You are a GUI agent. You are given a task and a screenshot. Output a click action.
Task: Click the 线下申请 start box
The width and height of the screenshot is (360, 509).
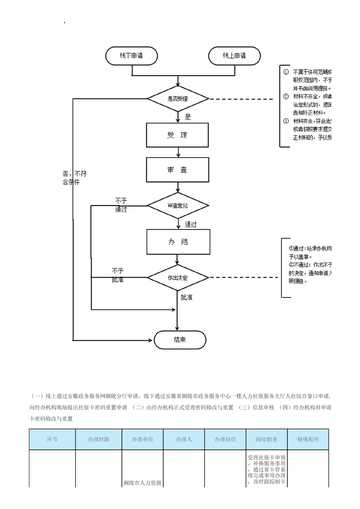click(x=132, y=56)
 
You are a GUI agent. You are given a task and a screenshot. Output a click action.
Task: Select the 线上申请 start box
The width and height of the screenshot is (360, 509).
click(x=234, y=56)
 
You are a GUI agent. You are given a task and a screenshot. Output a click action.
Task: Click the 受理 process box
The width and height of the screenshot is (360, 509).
click(x=178, y=135)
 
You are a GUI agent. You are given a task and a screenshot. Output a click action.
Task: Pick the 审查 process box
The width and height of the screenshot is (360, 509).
click(x=178, y=170)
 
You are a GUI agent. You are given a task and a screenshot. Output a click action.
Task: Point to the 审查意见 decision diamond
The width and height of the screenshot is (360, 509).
click(x=178, y=206)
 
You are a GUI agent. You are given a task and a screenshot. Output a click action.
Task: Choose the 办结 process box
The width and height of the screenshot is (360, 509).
click(x=178, y=242)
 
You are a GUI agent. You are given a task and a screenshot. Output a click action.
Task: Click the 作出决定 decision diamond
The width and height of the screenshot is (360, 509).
click(x=178, y=277)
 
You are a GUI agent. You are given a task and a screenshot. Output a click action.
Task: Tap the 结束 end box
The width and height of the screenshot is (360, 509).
click(x=180, y=340)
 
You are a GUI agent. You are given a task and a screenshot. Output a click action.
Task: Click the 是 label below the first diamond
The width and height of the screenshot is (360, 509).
click(x=188, y=117)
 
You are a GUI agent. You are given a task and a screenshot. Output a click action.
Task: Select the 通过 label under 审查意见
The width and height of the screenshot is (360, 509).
click(x=191, y=224)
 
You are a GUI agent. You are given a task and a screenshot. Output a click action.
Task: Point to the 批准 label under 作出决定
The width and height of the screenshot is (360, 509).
click(x=187, y=297)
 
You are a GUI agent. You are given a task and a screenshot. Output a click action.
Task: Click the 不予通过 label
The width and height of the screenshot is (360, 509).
click(x=121, y=205)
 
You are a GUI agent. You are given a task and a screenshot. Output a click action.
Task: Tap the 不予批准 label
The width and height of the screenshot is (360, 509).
click(x=118, y=275)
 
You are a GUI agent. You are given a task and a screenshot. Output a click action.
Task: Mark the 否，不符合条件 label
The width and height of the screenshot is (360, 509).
click(x=74, y=177)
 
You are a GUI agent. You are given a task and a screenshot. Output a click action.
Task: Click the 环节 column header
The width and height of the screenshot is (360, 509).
click(x=52, y=439)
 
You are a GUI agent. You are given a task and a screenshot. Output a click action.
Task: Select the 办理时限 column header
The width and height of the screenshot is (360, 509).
click(x=99, y=439)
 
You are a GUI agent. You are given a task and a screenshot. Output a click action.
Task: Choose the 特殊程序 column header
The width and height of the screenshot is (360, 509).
click(x=308, y=439)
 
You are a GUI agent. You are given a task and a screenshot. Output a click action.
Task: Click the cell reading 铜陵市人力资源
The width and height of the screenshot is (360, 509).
click(x=143, y=483)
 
